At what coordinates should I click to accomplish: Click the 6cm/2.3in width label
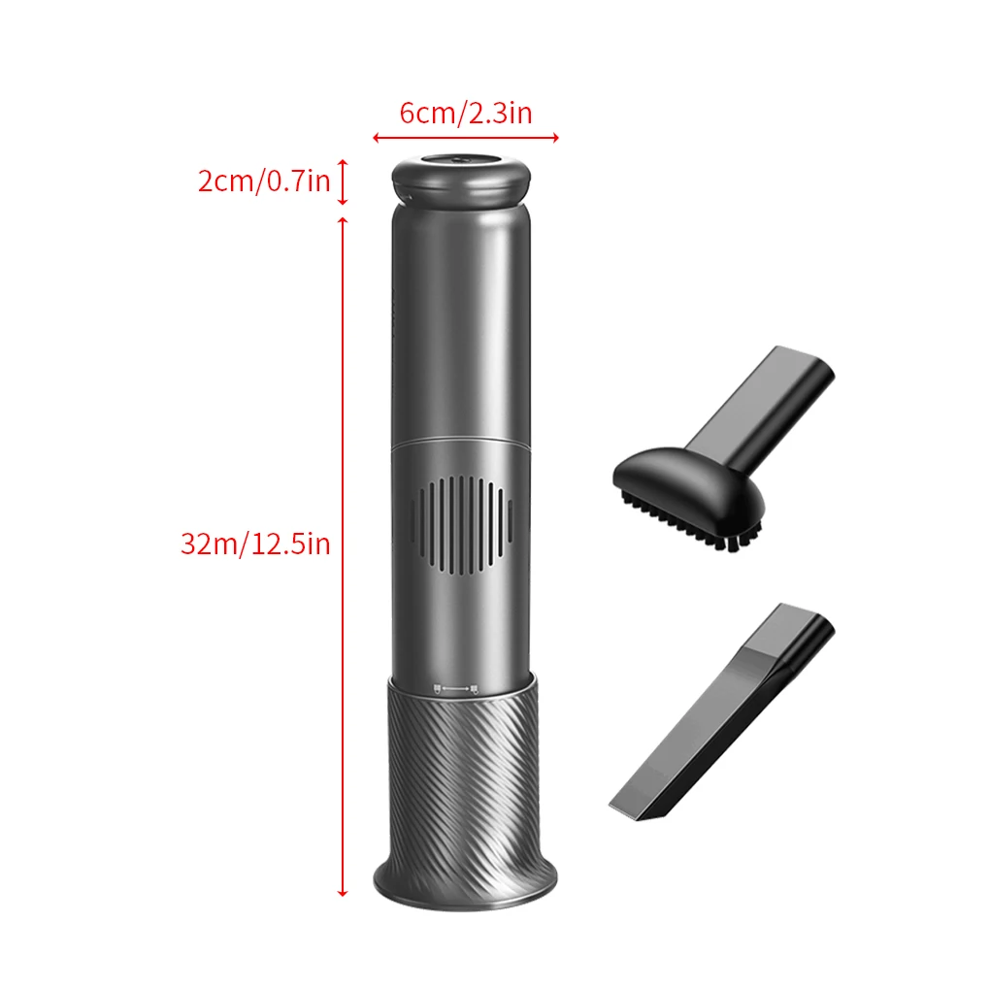(x=466, y=113)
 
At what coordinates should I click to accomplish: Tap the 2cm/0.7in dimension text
(x=264, y=181)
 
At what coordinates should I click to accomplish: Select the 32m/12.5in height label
(x=255, y=544)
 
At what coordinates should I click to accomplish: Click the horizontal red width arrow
(x=466, y=137)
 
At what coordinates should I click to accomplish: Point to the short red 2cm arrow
(x=343, y=182)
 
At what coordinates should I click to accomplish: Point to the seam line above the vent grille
(x=462, y=442)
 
